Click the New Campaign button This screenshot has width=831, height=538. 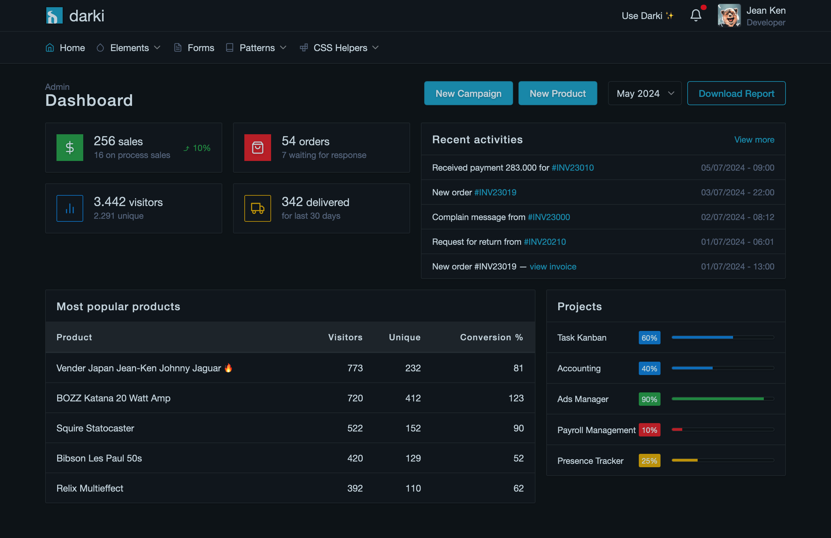pyautogui.click(x=468, y=93)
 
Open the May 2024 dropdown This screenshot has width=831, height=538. pyautogui.click(x=644, y=93)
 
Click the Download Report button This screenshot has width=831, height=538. pyautogui.click(x=736, y=93)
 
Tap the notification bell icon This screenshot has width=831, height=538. pyautogui.click(x=696, y=15)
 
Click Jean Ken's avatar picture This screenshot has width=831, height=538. pyautogui.click(x=729, y=16)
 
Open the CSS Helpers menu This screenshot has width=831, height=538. pyautogui.click(x=340, y=48)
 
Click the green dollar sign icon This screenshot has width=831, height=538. pyautogui.click(x=70, y=148)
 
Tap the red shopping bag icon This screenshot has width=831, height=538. pyautogui.click(x=257, y=148)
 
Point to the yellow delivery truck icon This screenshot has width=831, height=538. pyautogui.click(x=257, y=208)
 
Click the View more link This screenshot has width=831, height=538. pyautogui.click(x=754, y=140)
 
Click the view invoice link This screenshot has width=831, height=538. pyautogui.click(x=553, y=266)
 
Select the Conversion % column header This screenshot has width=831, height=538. pyautogui.click(x=491, y=337)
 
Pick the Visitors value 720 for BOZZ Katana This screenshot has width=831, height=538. pyautogui.click(x=355, y=398)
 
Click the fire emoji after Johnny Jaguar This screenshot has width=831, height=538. pyautogui.click(x=228, y=368)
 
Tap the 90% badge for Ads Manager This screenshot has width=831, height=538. pyautogui.click(x=649, y=399)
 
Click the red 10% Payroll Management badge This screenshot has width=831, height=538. pyautogui.click(x=649, y=430)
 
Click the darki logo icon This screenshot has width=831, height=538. pyautogui.click(x=54, y=16)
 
